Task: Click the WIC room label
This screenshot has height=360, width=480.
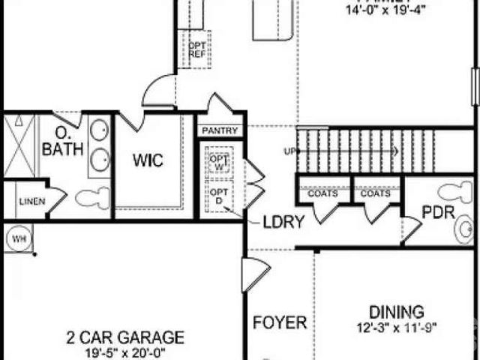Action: click(148, 160)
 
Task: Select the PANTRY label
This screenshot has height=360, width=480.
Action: click(220, 130)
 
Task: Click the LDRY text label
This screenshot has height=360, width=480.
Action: click(283, 222)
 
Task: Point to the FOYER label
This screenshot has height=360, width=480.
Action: click(279, 323)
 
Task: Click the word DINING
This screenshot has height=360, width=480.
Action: click(397, 311)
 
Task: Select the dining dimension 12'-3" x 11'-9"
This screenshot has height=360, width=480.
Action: click(397, 327)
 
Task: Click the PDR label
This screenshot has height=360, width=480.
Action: click(438, 212)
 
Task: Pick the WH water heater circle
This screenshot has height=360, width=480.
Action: click(18, 239)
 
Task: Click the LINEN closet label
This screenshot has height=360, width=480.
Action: click(31, 201)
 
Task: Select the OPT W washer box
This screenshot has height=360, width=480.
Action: click(219, 162)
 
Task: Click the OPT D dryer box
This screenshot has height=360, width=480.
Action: click(219, 196)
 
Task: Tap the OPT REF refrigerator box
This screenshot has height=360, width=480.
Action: click(196, 49)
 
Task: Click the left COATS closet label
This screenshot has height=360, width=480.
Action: click(323, 193)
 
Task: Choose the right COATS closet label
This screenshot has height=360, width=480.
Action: click(375, 193)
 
